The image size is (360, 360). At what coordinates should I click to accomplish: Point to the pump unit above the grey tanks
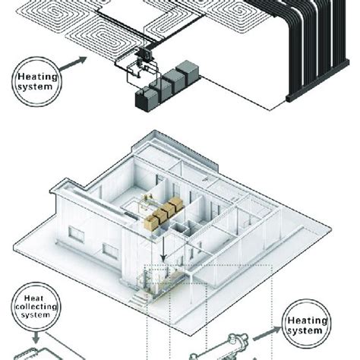pyautogui.click(x=143, y=58)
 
